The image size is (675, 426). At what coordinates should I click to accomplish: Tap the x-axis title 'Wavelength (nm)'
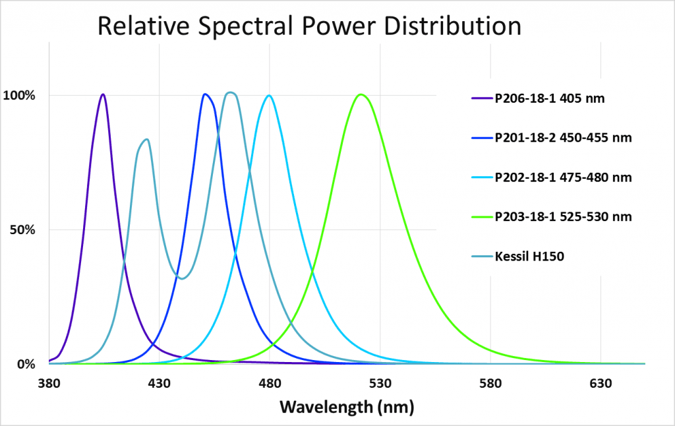[347, 406]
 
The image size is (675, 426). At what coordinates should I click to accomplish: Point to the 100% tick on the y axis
[21, 95]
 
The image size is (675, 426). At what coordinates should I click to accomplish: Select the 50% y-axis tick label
[24, 229]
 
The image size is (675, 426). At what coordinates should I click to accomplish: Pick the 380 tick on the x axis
[49, 382]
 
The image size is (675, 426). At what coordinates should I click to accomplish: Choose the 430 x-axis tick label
[160, 382]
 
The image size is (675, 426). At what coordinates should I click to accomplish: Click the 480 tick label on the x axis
[270, 382]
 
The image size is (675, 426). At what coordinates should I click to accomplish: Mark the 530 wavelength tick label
[380, 382]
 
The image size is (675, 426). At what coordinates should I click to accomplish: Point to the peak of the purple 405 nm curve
[103, 94]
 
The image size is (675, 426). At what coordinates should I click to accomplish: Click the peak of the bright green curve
[360, 94]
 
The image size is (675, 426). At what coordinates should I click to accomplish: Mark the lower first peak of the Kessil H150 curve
[146, 139]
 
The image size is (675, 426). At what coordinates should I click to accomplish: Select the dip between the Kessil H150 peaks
[182, 278]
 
